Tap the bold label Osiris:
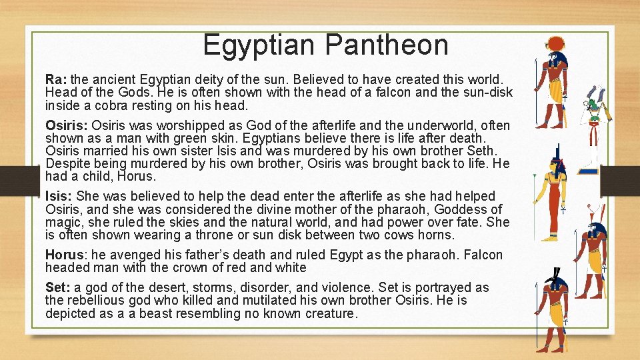tap(66, 125)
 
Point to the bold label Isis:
tap(59, 196)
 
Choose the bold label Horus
tap(63, 255)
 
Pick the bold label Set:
tap(58, 287)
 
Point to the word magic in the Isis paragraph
tap(61, 223)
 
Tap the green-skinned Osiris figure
tap(592, 130)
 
